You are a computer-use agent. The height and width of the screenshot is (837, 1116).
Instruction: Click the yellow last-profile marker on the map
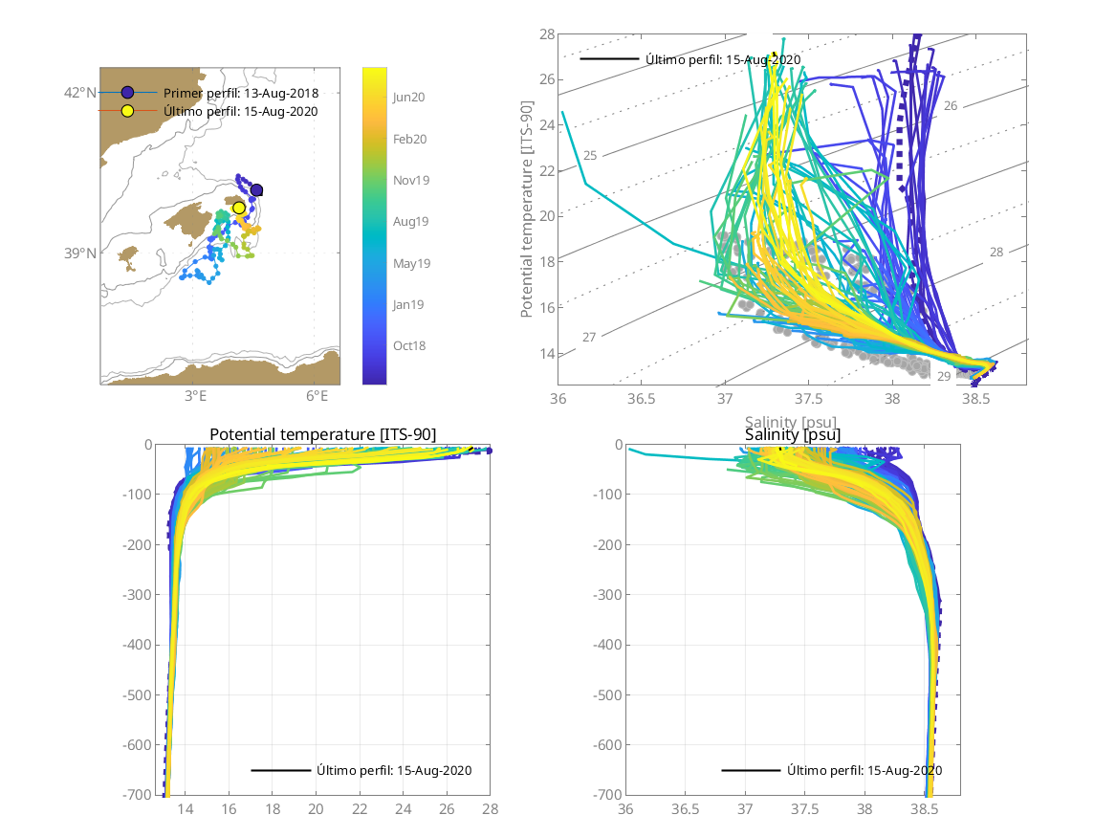[x=239, y=208]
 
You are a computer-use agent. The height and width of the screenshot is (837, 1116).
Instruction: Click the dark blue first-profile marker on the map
[x=256, y=190]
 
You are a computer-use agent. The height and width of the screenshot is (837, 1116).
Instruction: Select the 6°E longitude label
[x=317, y=396]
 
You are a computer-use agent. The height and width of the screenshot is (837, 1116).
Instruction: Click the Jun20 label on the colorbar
[x=408, y=97]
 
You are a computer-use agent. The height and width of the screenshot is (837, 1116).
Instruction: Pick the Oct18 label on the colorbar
[x=408, y=345]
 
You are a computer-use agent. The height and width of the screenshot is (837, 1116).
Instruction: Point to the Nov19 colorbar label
[x=409, y=180]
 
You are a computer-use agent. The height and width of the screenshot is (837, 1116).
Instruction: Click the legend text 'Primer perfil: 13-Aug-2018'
[x=241, y=93]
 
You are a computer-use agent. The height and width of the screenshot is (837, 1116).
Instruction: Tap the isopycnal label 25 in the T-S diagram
[x=590, y=155]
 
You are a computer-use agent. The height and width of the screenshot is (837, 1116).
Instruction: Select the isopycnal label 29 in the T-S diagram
[x=943, y=377]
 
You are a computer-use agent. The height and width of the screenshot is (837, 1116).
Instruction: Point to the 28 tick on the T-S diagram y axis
[x=547, y=34]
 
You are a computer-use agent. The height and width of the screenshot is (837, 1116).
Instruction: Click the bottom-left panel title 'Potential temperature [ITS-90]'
[x=322, y=434]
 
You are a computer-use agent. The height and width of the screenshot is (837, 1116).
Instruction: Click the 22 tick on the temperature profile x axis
[x=360, y=809]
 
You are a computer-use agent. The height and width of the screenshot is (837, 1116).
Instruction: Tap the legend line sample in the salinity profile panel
[x=751, y=770]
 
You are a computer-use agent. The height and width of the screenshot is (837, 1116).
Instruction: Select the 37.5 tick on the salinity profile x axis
[x=805, y=809]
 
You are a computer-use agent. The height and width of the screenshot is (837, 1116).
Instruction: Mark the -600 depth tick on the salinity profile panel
[x=604, y=744]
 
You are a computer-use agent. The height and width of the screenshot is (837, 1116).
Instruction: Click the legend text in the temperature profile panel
[x=394, y=770]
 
